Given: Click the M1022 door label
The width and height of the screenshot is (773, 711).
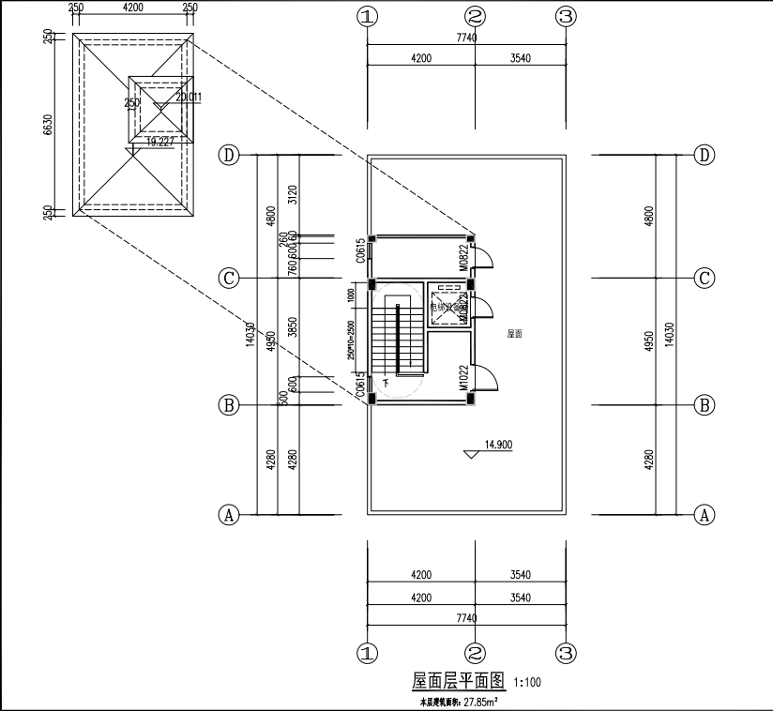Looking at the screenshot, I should click(463, 377).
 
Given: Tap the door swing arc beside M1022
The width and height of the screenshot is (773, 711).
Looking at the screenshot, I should click(487, 376).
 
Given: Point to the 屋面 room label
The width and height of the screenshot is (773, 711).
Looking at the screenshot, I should click(514, 333).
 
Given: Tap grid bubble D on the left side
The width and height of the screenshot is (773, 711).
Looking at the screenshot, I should click(228, 155).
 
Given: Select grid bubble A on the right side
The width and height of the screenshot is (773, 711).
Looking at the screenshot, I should click(705, 514).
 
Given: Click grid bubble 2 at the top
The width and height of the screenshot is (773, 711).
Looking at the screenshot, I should click(476, 17).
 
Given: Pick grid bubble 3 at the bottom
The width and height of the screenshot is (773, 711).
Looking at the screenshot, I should click(565, 653).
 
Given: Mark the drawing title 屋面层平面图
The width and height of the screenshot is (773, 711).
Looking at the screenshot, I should click(460, 680).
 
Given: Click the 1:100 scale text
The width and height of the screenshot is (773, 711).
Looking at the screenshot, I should click(527, 683).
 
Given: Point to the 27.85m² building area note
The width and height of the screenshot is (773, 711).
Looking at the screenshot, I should click(458, 701).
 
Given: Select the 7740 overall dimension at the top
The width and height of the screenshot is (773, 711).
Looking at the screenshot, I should click(466, 38).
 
